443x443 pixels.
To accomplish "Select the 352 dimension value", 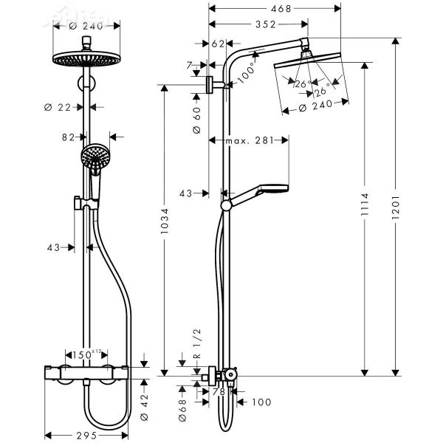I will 256,24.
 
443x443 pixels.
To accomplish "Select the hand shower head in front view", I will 94,157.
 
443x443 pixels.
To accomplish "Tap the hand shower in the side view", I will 260,195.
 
